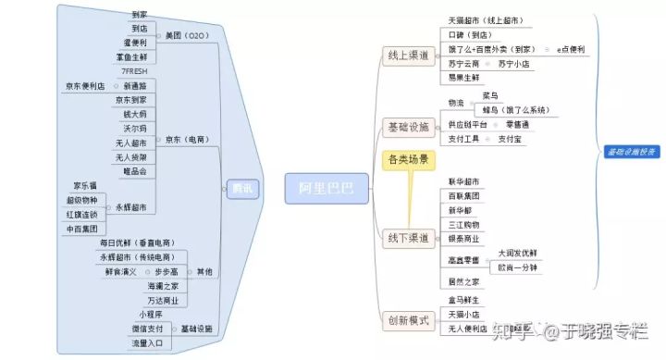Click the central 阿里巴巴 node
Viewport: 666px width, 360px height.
326,187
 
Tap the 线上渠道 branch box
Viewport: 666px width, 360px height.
407,56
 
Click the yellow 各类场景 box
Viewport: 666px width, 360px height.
407,160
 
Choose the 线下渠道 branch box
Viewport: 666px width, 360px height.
407,239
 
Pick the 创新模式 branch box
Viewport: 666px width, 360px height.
407,320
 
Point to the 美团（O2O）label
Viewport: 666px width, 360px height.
189,35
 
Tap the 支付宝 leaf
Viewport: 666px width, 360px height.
512,139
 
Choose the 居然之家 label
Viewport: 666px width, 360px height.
463,281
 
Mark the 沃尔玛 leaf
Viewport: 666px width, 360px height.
135,128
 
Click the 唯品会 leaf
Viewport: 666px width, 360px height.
133,171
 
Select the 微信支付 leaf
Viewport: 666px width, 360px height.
147,329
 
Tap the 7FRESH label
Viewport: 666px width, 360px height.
135,71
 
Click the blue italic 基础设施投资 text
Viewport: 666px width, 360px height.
633,150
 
